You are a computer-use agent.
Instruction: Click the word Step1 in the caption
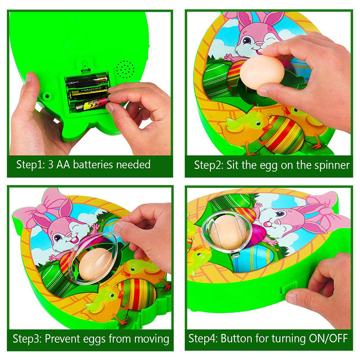coord(30,165)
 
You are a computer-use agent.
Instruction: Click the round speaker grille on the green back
coord(125,69)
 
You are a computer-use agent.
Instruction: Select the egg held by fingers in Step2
coord(261,72)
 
